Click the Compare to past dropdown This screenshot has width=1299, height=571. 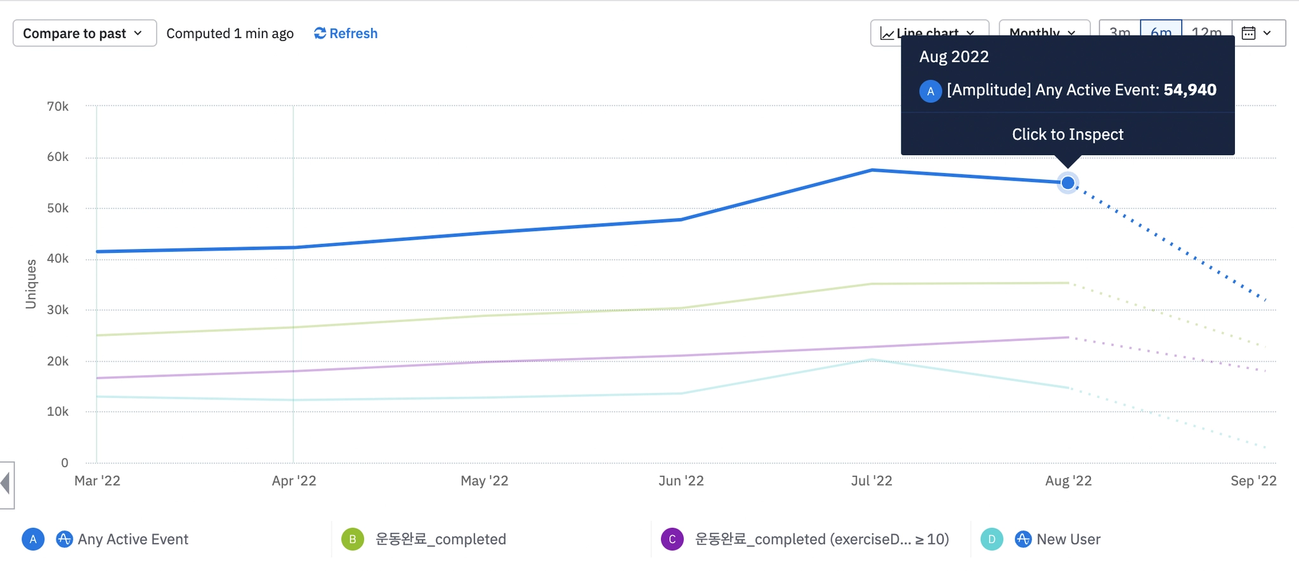(x=84, y=34)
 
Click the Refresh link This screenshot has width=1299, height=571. (x=346, y=34)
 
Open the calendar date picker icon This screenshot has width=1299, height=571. (x=1248, y=33)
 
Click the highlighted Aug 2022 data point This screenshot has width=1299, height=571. (x=1068, y=183)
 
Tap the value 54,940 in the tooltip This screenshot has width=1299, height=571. (x=1189, y=90)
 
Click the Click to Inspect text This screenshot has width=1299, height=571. (x=1067, y=134)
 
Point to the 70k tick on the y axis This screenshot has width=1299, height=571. (x=58, y=106)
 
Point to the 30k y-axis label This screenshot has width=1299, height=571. (x=58, y=310)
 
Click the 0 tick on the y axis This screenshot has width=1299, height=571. (x=64, y=463)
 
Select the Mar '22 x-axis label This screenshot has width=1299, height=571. (x=97, y=480)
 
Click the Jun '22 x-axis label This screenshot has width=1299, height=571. (x=681, y=480)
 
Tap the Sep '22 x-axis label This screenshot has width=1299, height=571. (x=1253, y=480)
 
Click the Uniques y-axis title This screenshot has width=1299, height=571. (x=30, y=284)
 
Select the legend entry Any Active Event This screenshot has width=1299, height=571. (x=133, y=539)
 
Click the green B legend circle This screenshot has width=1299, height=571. (x=353, y=539)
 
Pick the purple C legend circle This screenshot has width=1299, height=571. (x=672, y=539)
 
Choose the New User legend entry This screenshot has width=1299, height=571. (x=1068, y=539)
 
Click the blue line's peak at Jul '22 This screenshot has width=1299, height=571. (x=873, y=170)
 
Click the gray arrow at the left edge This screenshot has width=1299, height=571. (x=6, y=484)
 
